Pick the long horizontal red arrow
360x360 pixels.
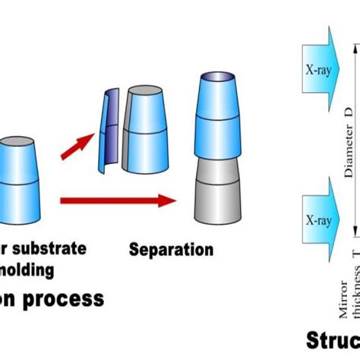tap(118, 201)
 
